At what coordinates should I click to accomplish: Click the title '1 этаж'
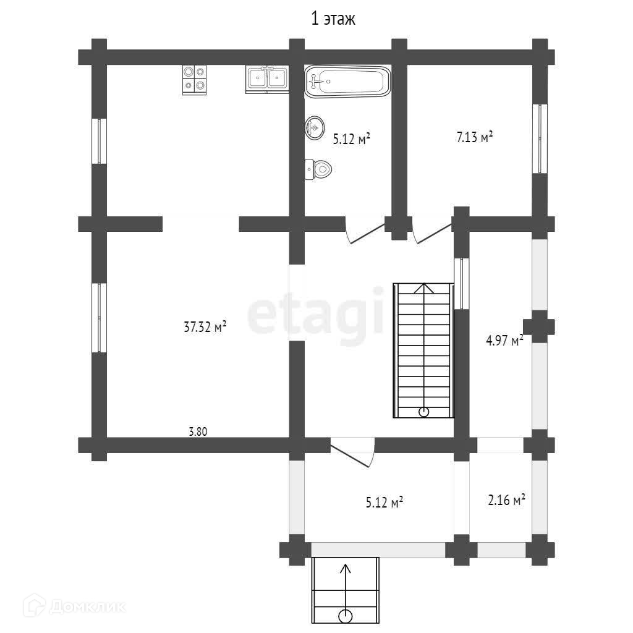(x=333, y=19)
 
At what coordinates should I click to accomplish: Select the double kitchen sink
(x=267, y=79)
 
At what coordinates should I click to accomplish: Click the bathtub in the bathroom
(x=347, y=81)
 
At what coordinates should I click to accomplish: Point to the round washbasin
(x=315, y=128)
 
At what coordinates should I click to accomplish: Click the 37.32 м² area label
(x=205, y=326)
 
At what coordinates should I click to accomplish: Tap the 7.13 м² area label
(x=474, y=137)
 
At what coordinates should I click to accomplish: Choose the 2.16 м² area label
(x=506, y=500)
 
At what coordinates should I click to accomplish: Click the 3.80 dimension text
(x=198, y=432)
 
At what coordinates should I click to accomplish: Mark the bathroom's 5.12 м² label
(x=351, y=139)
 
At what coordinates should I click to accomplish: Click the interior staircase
(x=423, y=350)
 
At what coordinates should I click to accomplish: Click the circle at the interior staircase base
(x=423, y=412)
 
